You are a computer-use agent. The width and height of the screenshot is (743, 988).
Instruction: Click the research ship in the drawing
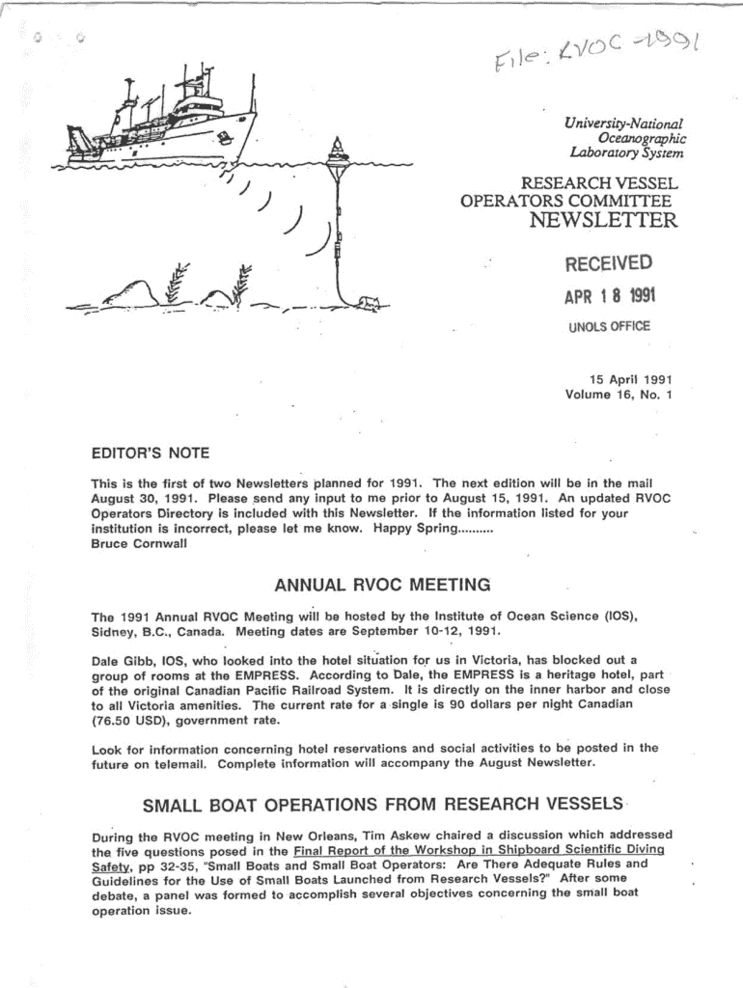point(164,121)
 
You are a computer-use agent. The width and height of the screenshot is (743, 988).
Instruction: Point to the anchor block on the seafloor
point(366,304)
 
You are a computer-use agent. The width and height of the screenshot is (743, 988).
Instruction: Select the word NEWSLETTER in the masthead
point(604,221)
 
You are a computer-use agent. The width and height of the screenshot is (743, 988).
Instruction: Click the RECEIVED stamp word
point(608,263)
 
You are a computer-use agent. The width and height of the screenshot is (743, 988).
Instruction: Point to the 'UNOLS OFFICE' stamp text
point(609,326)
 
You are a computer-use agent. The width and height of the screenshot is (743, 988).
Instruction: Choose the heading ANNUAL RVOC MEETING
point(382,585)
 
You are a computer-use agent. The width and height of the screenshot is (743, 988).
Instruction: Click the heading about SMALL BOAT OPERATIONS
point(382,805)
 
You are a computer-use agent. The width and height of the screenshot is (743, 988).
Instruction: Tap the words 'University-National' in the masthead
point(623,123)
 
